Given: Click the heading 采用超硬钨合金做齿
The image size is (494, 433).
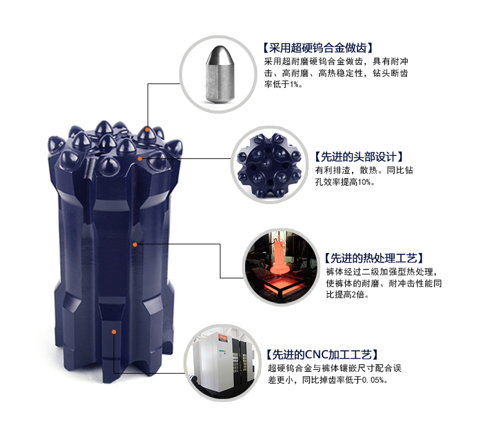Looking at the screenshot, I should pyautogui.click(x=317, y=48).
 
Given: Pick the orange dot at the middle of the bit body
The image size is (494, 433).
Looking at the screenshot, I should pyautogui.click(x=134, y=245).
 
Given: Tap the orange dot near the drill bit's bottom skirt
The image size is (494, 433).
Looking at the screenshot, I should pyautogui.click(x=114, y=332).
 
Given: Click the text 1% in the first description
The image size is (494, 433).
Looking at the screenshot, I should pyautogui.click(x=295, y=84).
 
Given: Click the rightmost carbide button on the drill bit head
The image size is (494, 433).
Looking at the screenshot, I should pyautogui.click(x=177, y=147).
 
